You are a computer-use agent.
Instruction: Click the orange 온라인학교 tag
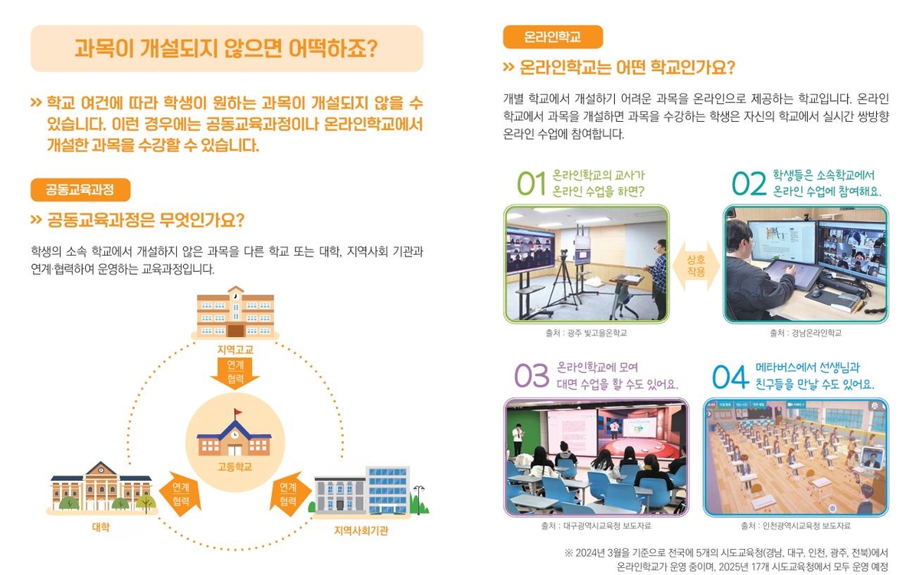click(x=553, y=37)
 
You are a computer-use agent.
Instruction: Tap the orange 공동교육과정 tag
click(x=80, y=190)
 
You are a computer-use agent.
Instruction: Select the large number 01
click(x=531, y=184)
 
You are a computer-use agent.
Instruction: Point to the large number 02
click(x=749, y=184)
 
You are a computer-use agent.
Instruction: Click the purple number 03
click(x=531, y=376)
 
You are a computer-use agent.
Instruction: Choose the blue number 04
click(x=731, y=377)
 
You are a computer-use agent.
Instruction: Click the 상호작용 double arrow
click(x=696, y=266)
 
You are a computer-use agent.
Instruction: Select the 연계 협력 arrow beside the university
click(x=181, y=494)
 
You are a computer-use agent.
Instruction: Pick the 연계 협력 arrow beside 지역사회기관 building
click(x=288, y=494)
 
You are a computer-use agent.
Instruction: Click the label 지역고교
click(x=235, y=350)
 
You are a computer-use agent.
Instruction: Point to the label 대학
click(x=101, y=527)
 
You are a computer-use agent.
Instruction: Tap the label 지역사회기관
click(x=361, y=531)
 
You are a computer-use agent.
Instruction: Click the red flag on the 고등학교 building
click(x=237, y=412)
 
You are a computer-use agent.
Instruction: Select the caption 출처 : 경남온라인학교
click(x=806, y=333)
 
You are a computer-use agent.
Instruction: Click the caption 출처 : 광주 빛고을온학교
click(x=587, y=333)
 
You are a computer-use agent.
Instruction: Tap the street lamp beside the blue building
click(x=419, y=499)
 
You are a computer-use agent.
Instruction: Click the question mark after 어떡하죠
click(x=371, y=49)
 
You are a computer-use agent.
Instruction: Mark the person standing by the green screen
click(x=518, y=439)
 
